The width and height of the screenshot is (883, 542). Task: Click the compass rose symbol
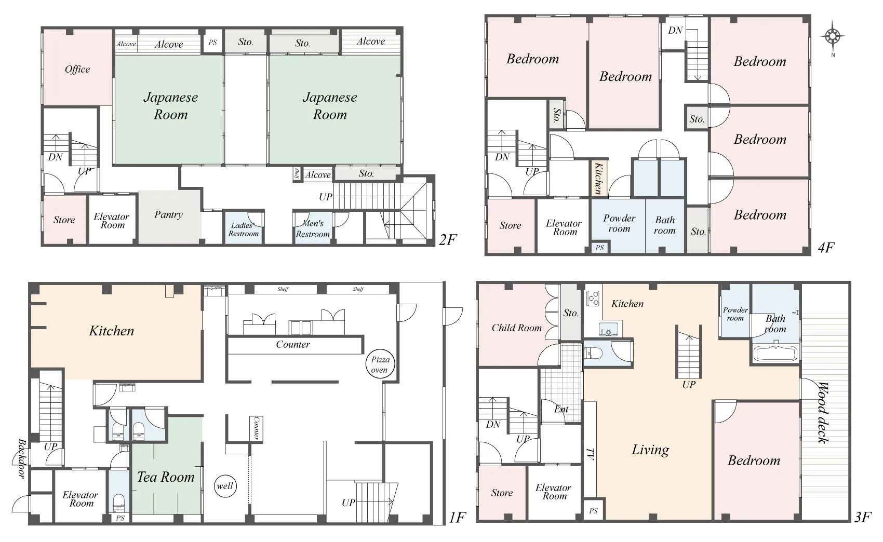tap(832, 37)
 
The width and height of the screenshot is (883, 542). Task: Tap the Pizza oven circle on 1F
tap(380, 364)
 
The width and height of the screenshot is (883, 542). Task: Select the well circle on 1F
tap(225, 486)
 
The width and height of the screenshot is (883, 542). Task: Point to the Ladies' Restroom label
tap(244, 229)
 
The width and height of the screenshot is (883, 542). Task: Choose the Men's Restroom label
tap(313, 229)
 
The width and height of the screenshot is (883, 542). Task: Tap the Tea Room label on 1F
tap(166, 478)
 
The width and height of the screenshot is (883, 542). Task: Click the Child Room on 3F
tap(516, 328)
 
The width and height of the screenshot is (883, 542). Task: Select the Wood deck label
tap(824, 412)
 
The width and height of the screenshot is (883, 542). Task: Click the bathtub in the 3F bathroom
tap(776, 353)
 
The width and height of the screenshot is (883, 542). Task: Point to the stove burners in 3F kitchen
tap(593, 298)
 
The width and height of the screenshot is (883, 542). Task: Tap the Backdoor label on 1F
tap(22, 458)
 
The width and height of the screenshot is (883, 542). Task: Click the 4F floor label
tap(826, 248)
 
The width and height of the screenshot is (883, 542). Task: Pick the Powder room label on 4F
tap(619, 223)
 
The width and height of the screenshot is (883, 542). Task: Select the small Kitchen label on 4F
tap(598, 178)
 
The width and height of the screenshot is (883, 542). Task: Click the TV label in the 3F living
tap(590, 454)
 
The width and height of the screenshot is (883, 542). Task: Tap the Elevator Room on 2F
tap(112, 220)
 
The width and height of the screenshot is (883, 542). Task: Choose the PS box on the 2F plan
tap(213, 42)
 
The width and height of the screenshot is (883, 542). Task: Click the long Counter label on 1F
tap(293, 345)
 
